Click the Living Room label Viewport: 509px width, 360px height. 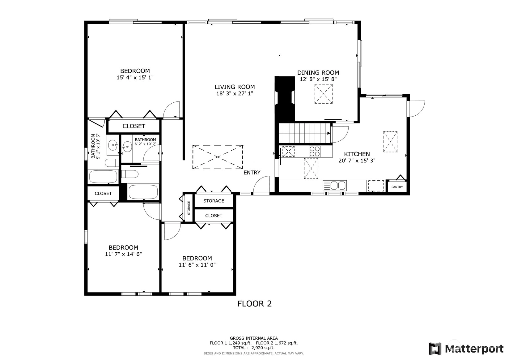pos(235,87)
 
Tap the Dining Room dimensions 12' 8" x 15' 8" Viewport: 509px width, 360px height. pos(318,79)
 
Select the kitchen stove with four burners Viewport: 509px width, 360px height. pos(315,152)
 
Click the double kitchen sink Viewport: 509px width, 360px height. pos(335,186)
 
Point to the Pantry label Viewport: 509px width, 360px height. pos(397,187)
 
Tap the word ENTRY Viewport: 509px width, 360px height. pos(252,173)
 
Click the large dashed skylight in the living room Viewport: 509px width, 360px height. pos(218,157)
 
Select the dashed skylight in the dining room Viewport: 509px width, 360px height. pos(323,94)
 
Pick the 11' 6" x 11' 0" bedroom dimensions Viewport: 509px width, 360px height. pos(197,265)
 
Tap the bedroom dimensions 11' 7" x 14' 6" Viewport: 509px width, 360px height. pos(123,254)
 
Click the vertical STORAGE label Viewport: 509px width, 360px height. pos(189,208)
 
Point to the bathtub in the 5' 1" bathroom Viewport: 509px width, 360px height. pos(103,177)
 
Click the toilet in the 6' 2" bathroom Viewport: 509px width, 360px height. pos(130,174)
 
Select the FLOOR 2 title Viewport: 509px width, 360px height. pos(255,304)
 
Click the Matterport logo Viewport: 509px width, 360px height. pos(466,349)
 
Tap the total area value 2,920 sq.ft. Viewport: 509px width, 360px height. pos(263,348)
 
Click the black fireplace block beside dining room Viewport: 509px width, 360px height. pos(285,99)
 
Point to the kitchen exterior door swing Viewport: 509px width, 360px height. pos(416,109)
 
